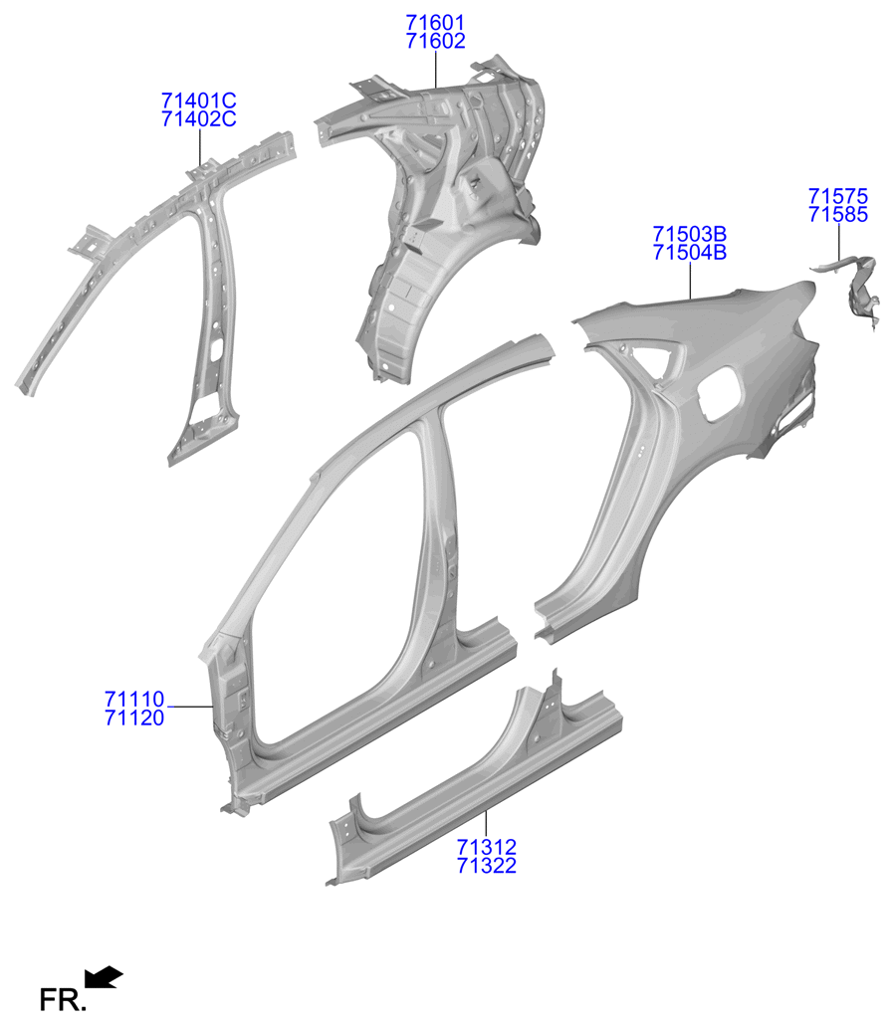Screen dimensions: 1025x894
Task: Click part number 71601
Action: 435,23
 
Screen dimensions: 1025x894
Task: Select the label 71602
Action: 435,41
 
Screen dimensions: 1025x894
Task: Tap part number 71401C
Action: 199,101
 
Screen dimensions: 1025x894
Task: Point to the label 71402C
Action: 199,119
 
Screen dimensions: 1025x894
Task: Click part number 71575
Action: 838,196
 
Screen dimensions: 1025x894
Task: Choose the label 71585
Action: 838,215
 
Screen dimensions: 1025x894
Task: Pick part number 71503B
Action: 690,234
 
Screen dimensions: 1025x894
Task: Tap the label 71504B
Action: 690,253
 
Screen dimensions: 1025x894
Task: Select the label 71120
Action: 134,717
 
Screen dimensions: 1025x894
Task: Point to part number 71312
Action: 487,847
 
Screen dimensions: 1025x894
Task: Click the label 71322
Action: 487,866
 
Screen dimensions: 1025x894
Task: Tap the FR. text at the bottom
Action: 61,999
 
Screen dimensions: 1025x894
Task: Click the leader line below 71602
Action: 436,70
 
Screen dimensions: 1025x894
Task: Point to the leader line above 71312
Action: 486,823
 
